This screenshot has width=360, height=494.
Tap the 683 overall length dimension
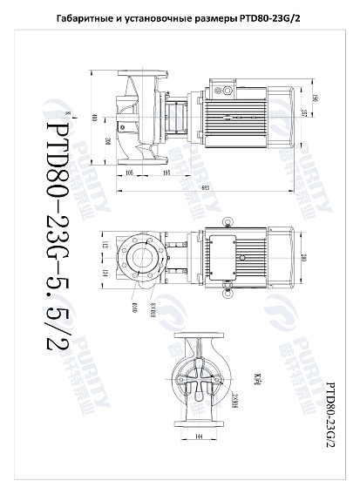[203, 188]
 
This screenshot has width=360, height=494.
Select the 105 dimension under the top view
[131, 173]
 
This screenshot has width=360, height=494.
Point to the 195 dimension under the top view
[166, 173]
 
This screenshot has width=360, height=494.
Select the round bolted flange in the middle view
[143, 258]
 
